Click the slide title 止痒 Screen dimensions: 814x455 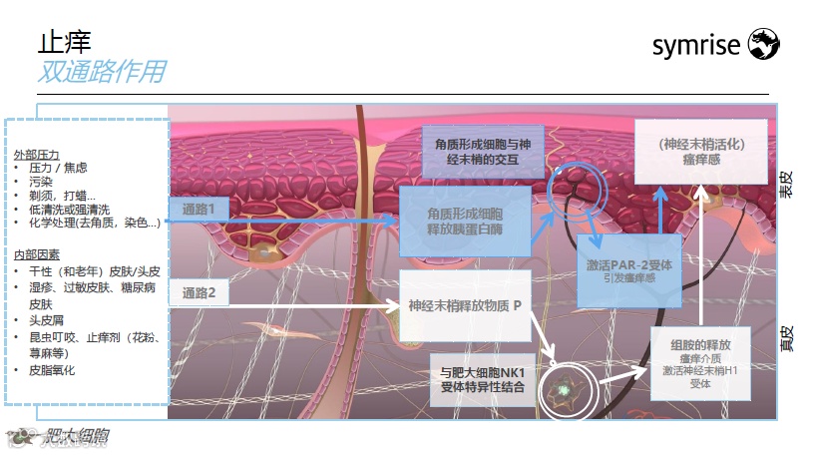(64, 42)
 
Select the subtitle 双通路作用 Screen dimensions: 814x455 (101, 72)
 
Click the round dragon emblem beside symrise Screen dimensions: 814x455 (763, 43)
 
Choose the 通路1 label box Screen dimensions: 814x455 (205, 209)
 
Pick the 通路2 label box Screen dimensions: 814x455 (205, 293)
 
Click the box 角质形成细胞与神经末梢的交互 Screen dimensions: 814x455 (483, 152)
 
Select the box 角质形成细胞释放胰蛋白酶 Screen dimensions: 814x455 (464, 222)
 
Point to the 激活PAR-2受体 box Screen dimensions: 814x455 (628, 270)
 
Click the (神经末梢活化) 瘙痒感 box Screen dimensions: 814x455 (701, 151)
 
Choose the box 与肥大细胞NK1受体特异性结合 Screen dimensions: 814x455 (482, 380)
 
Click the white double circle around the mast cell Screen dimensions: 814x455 (566, 389)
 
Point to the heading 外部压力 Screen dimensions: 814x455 (38, 156)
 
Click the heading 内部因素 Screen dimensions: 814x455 (38, 256)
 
